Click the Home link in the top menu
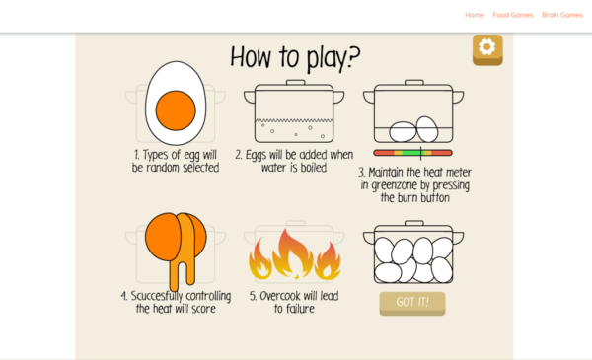(475, 15)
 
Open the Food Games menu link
(513, 15)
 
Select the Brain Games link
(562, 15)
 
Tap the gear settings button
(487, 48)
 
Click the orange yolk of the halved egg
(176, 108)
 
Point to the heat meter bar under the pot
(412, 153)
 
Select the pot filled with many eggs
(413, 258)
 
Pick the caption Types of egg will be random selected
(176, 161)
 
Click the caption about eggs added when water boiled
(294, 161)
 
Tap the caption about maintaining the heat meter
(413, 183)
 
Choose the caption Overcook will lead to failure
(294, 302)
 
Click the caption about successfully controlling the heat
(176, 302)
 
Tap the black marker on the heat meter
(421, 153)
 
